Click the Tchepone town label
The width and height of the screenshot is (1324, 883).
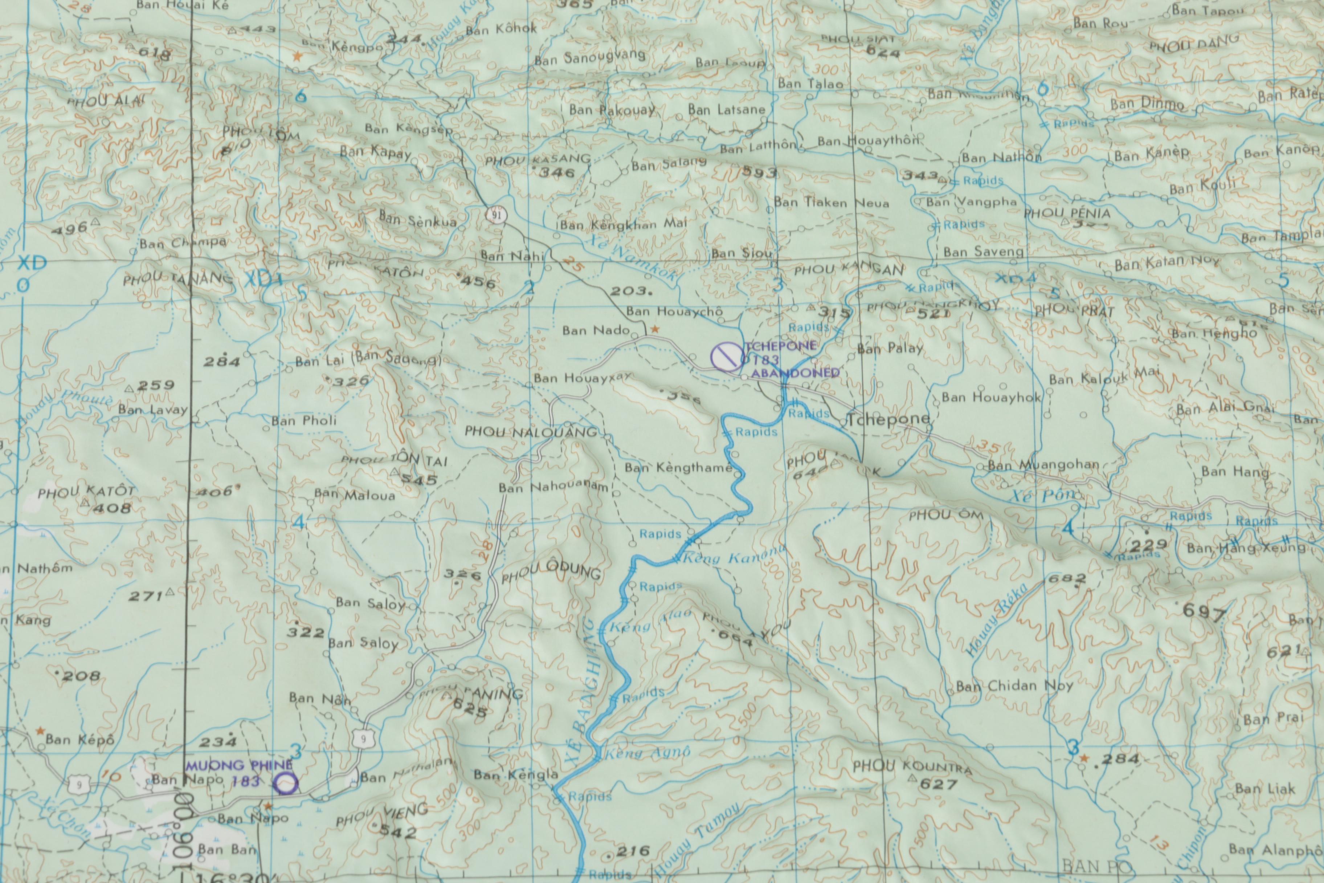tap(889, 420)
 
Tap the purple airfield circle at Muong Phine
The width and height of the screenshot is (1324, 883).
tap(286, 783)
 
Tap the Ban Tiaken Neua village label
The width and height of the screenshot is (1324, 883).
tap(831, 203)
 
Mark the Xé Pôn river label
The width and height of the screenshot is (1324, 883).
tap(1044, 496)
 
